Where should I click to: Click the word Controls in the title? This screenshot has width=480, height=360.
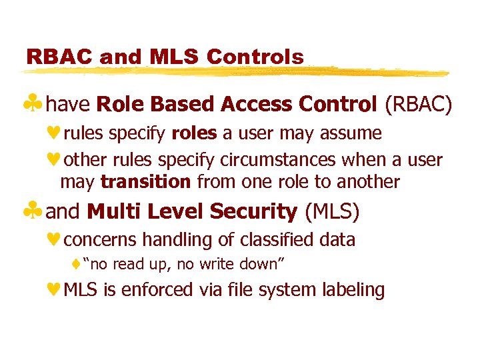coord(255,57)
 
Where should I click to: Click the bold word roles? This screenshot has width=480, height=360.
coord(194,133)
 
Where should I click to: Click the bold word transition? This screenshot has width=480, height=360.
coord(146,181)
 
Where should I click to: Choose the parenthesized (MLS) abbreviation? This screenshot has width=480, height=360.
coord(331,211)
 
